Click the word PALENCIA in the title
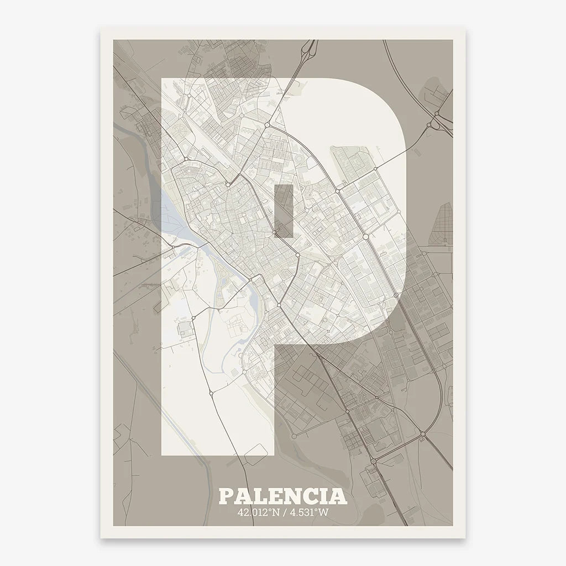(283, 496)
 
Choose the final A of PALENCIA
(339, 496)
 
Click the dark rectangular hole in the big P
(284, 211)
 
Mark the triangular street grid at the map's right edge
(445, 224)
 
